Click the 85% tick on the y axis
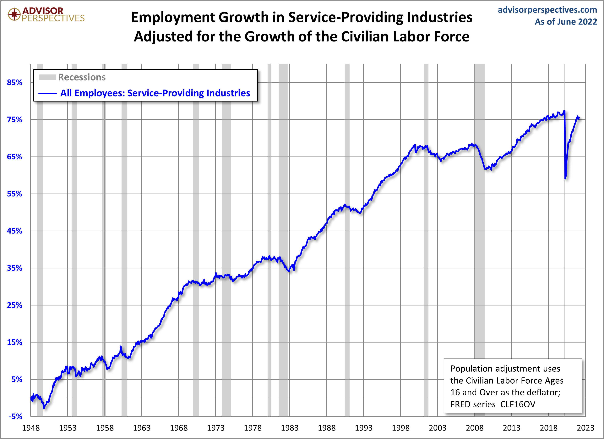click(14, 82)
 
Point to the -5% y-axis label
click(15, 416)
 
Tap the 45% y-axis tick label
click(14, 231)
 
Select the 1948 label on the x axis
click(31, 428)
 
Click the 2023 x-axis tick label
click(585, 428)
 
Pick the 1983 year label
click(290, 428)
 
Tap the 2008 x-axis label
click(474, 428)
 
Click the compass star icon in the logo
click(14, 14)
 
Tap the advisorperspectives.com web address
click(547, 10)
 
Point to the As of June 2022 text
click(566, 22)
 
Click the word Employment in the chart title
click(173, 18)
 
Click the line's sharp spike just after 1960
click(121, 347)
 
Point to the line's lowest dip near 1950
click(44, 408)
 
